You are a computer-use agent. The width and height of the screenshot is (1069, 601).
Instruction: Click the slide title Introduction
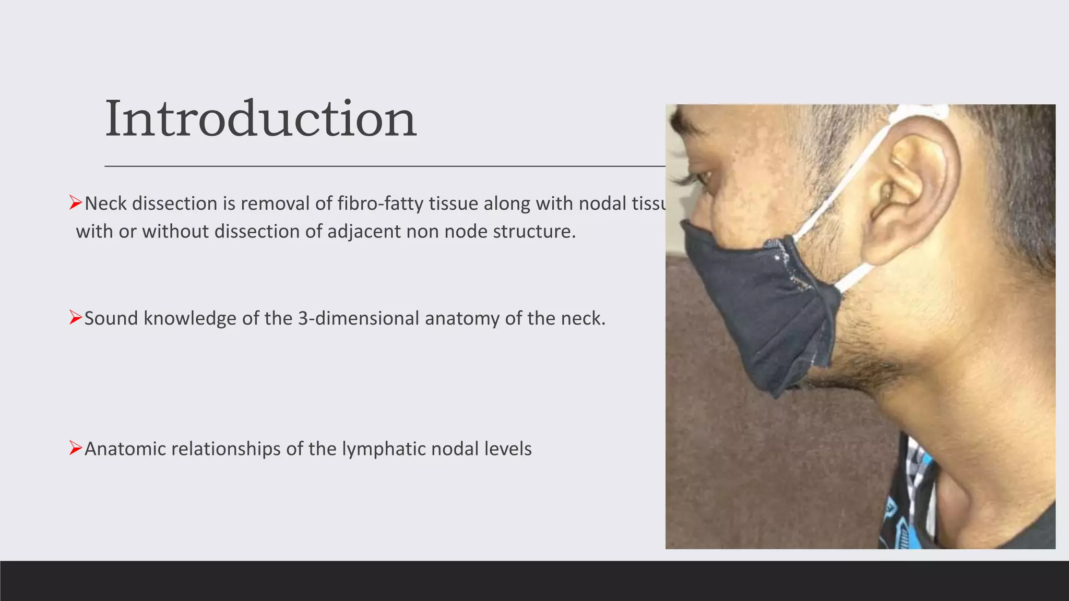tap(260, 119)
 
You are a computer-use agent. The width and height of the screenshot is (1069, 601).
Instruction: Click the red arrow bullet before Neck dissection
tap(76, 203)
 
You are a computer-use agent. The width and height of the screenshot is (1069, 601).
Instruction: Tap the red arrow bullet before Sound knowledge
tap(76, 317)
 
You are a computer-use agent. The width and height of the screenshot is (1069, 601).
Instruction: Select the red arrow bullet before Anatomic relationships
tap(76, 448)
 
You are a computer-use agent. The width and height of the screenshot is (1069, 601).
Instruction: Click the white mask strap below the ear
tap(856, 277)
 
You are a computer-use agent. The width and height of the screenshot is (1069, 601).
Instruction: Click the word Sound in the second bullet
tap(111, 318)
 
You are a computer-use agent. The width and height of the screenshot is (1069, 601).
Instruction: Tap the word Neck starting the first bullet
tap(106, 203)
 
